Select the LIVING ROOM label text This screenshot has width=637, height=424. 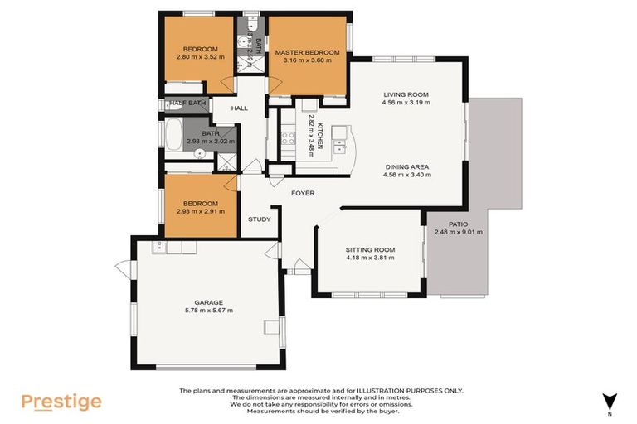pyautogui.click(x=406, y=94)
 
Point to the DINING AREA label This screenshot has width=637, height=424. pyautogui.click(x=406, y=166)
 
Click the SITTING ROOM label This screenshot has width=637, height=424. pyautogui.click(x=370, y=249)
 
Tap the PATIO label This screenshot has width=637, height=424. pyautogui.click(x=458, y=224)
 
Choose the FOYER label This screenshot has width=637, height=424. pyautogui.click(x=303, y=194)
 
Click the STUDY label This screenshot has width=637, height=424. pyautogui.click(x=259, y=219)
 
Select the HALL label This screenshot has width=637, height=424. pyautogui.click(x=240, y=108)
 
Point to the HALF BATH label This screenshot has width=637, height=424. pyautogui.click(x=186, y=104)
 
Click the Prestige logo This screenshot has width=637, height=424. pyautogui.click(x=61, y=402)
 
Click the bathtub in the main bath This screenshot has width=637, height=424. pyautogui.click(x=175, y=134)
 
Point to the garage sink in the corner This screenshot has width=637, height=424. pyautogui.click(x=159, y=247)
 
